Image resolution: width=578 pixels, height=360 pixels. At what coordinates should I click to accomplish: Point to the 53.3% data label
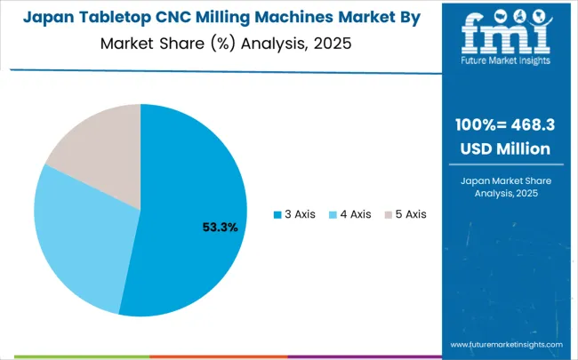(221, 228)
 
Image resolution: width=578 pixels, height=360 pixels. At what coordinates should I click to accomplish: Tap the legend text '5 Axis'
(410, 214)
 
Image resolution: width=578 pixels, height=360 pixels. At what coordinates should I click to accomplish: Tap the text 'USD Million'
(510, 148)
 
